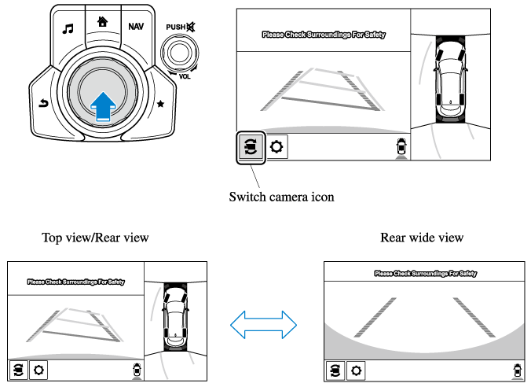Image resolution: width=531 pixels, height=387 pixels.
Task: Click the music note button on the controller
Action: point(68,28)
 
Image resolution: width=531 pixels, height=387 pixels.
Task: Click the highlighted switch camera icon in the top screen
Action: point(251,147)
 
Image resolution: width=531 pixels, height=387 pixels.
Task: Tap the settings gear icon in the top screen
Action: point(276,147)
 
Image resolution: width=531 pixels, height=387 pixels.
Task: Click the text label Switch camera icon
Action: point(281,197)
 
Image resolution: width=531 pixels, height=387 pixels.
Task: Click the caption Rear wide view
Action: point(422,237)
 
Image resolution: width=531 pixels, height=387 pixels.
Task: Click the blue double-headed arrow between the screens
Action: point(263,322)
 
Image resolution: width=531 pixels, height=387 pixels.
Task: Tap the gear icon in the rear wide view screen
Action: point(356,370)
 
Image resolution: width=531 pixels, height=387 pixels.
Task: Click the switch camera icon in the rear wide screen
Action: point(335,370)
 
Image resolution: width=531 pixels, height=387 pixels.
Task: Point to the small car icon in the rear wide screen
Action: point(516,369)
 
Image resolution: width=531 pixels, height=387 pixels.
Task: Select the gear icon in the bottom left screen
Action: point(38,370)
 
